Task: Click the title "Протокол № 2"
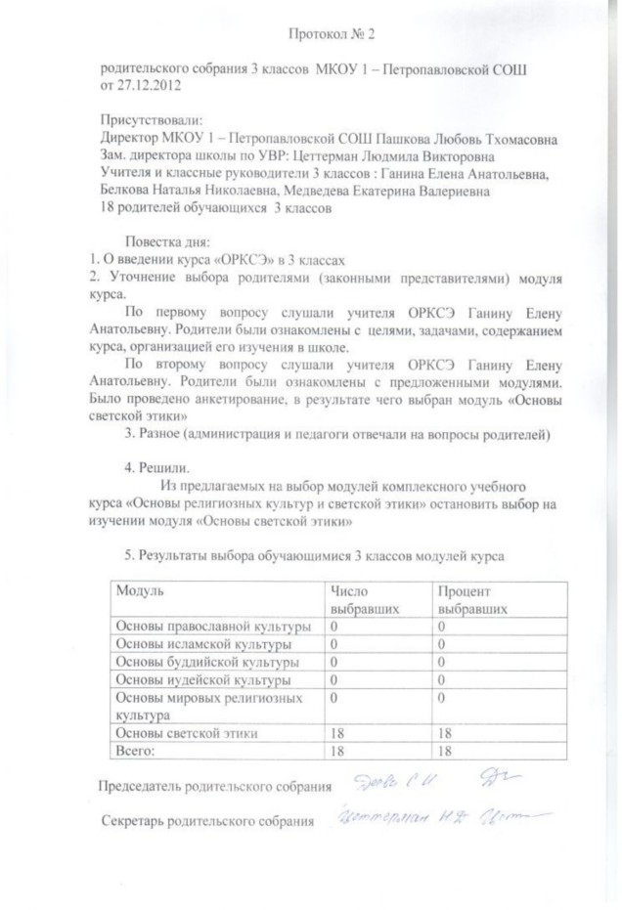(x=332, y=34)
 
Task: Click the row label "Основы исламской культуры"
(x=203, y=644)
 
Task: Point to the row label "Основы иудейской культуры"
(x=202, y=679)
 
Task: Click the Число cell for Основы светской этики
(x=338, y=733)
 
